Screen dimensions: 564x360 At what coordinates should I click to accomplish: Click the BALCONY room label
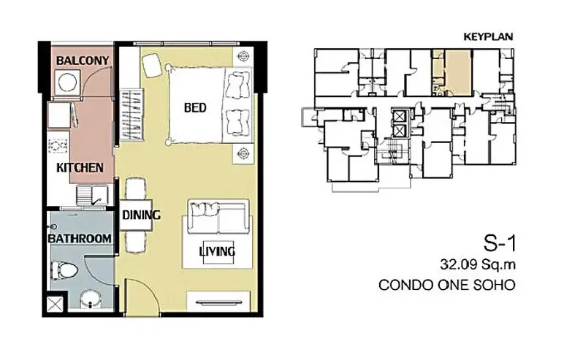point(83,60)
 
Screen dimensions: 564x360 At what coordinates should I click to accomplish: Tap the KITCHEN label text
point(80,168)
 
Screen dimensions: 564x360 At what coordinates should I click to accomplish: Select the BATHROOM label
point(80,239)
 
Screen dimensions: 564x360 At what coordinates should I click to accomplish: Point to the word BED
point(195,107)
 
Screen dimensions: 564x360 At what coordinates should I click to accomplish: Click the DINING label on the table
point(141,215)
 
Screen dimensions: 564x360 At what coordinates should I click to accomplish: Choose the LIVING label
point(217,251)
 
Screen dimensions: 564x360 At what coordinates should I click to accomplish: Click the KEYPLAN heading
point(488,37)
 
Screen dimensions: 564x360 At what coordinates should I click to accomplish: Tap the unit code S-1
point(500,243)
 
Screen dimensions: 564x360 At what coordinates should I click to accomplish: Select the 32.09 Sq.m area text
point(478,265)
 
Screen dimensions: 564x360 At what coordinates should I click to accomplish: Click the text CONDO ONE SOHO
point(447,285)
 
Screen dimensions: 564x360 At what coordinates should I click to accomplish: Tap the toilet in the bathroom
point(64,269)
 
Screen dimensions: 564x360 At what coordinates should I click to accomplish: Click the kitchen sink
point(92,195)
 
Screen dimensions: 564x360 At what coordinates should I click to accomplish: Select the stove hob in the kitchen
point(58,146)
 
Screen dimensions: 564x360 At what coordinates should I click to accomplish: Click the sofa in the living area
point(218,218)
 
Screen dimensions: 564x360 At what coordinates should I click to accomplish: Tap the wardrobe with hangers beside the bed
point(131,115)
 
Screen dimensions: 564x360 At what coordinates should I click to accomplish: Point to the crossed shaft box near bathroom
point(55,305)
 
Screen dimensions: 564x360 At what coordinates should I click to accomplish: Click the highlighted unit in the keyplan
point(458,72)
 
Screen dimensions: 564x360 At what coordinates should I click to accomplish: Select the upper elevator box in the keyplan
point(400,116)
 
